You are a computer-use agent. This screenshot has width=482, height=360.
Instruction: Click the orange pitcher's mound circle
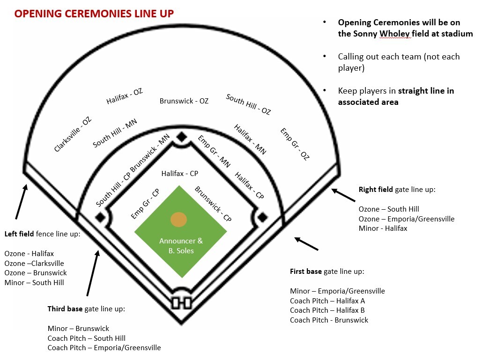click(x=178, y=220)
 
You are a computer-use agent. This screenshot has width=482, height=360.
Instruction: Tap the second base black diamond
click(x=182, y=137)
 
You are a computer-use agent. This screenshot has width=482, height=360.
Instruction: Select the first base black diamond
click(x=262, y=218)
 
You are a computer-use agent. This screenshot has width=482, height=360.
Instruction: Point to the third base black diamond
click(x=100, y=218)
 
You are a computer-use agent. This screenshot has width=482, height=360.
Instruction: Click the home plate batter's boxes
click(x=181, y=303)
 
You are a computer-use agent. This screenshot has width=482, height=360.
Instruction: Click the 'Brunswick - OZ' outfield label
click(x=184, y=101)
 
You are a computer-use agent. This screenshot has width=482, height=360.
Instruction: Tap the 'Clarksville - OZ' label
click(x=73, y=134)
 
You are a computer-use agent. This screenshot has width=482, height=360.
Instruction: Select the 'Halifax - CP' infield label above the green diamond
click(x=180, y=174)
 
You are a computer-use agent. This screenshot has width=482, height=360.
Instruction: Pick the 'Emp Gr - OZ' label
click(x=295, y=144)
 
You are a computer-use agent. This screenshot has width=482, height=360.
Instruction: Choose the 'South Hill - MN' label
click(x=115, y=133)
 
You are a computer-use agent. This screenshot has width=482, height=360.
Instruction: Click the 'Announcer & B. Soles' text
click(x=181, y=246)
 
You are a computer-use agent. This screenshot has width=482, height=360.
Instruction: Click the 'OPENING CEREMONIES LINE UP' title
click(x=94, y=14)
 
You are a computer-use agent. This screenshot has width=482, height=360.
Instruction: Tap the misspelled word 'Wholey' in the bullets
click(x=395, y=34)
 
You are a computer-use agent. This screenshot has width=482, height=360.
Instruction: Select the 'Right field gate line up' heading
click(x=397, y=190)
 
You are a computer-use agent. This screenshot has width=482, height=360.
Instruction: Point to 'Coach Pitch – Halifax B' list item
click(x=327, y=310)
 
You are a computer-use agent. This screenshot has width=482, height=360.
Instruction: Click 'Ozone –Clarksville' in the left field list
click(x=34, y=263)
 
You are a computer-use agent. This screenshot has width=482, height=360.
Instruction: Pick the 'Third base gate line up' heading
click(x=86, y=309)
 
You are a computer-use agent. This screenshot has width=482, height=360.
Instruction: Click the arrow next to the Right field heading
click(x=343, y=195)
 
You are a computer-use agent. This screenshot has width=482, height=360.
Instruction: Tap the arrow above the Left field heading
click(x=22, y=201)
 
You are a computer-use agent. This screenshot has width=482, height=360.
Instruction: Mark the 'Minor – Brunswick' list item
click(x=78, y=328)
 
